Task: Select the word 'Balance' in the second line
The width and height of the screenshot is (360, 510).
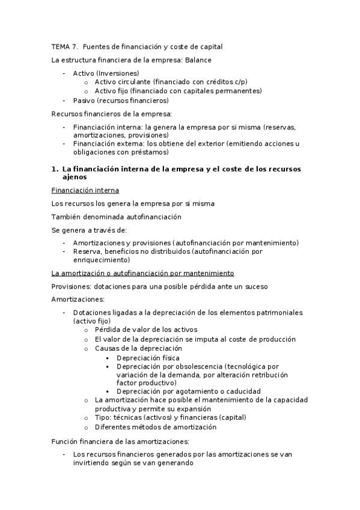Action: point(198,60)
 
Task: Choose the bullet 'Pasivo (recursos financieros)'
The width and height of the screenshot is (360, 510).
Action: point(121,100)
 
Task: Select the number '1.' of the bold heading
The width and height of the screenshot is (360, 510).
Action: point(55,169)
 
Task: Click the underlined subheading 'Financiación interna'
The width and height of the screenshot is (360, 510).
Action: point(85,191)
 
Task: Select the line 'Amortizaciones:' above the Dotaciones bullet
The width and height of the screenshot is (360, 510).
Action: point(78,299)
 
